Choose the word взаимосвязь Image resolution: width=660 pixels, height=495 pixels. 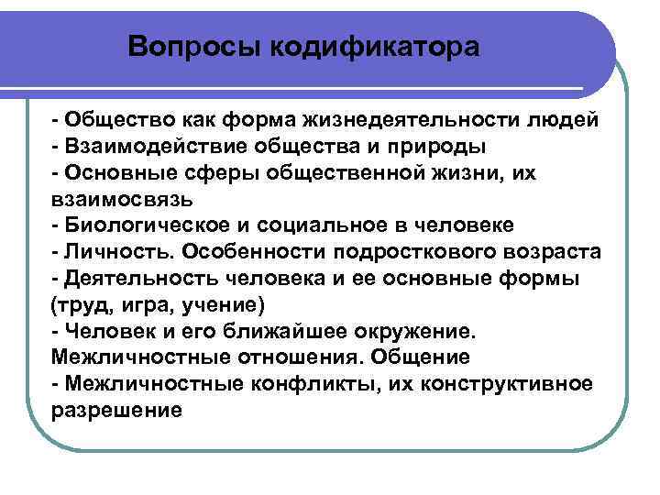click(x=115, y=199)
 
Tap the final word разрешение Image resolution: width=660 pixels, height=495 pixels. click(x=118, y=410)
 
